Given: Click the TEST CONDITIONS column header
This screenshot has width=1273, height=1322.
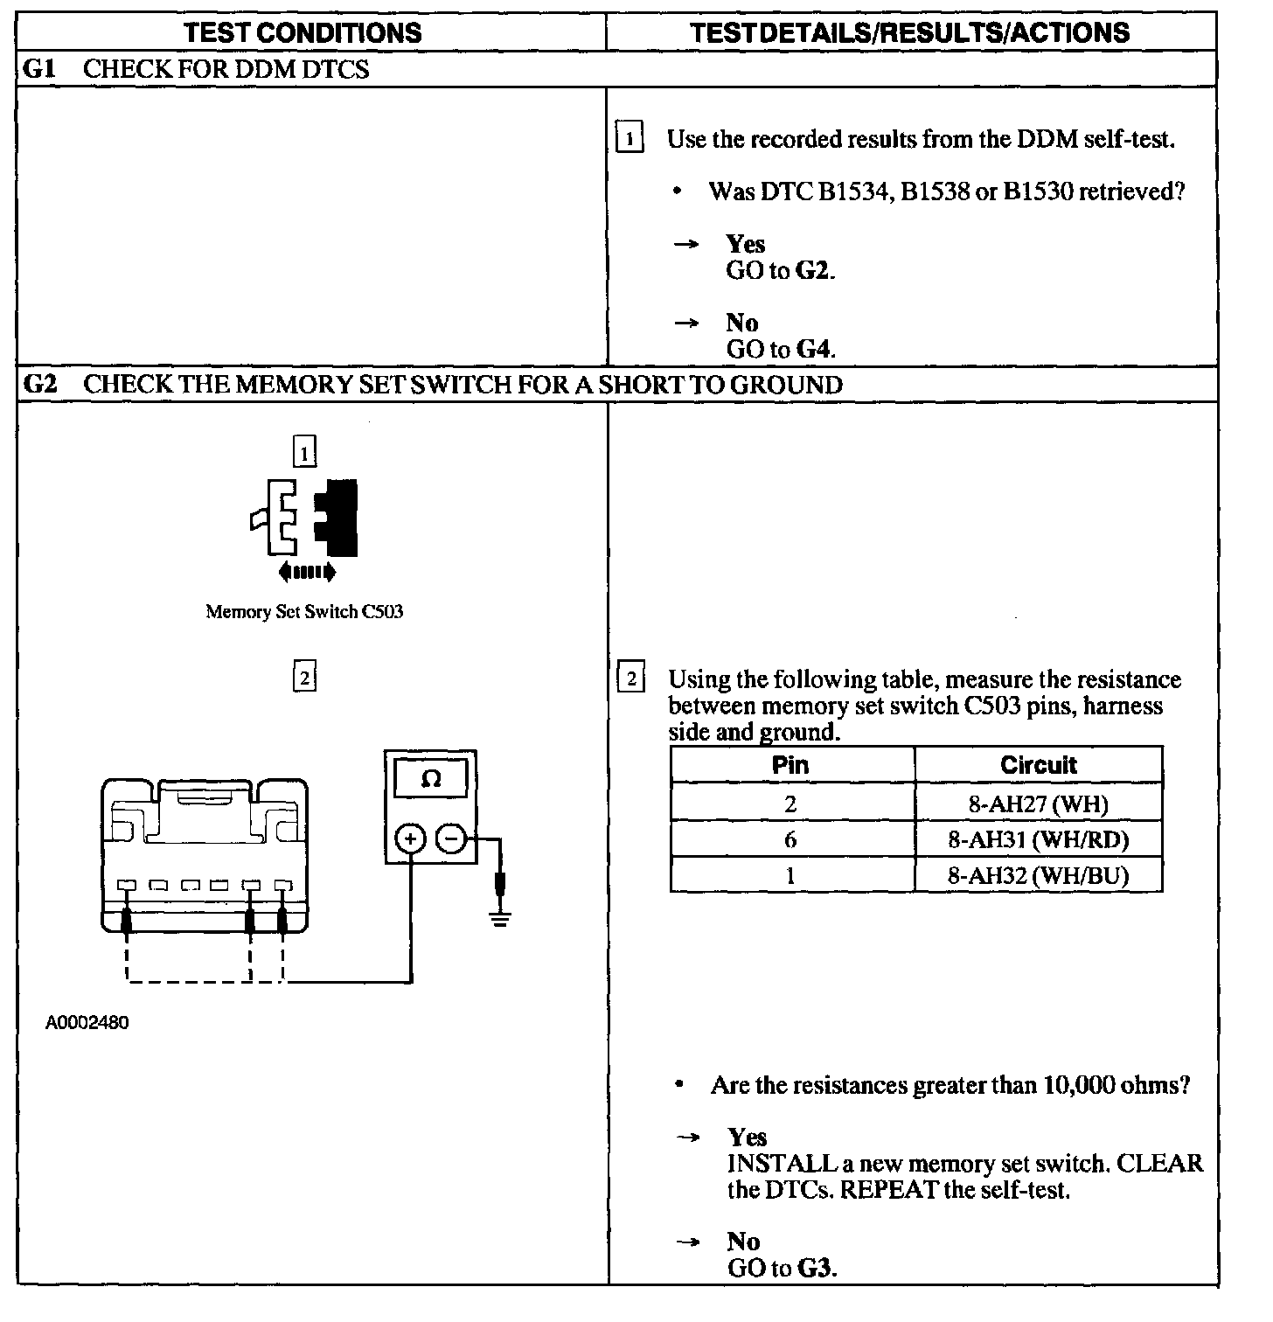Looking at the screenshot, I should point(303,33).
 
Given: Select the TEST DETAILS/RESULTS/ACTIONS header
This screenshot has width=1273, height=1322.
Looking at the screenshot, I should point(909,33).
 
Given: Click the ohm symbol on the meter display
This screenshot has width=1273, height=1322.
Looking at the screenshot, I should point(431,779).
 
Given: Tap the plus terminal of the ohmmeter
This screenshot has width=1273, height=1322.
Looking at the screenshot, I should point(411,840).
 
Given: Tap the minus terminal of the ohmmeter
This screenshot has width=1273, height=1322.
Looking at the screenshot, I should point(451,840).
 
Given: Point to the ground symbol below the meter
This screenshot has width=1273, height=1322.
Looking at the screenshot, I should point(499,917).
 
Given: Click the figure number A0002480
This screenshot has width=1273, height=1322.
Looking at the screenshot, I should point(87,1022).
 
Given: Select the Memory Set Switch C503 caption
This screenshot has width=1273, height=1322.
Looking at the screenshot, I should point(304,612).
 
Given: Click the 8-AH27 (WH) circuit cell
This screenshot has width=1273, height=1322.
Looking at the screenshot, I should point(1038,803).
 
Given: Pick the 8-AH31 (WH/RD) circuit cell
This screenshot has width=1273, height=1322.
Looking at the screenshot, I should point(1038,840).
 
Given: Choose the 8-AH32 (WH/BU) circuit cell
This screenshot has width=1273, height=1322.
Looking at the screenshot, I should point(1038,876).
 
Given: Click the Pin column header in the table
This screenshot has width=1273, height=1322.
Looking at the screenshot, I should point(790,765).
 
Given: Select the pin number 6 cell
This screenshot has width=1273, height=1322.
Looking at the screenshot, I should point(790,840).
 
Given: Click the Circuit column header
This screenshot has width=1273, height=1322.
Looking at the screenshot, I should point(1038,765).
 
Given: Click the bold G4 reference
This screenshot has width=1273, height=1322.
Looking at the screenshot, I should point(813,350).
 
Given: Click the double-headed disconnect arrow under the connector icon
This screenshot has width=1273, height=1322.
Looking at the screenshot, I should point(306,573).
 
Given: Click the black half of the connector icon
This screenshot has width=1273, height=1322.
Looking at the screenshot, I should point(341,518).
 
